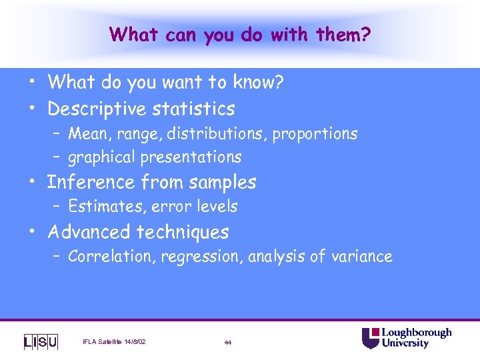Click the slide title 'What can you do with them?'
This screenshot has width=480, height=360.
[240, 33]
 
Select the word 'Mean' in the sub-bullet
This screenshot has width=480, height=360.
[87, 134]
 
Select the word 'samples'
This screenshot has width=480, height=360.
[223, 182]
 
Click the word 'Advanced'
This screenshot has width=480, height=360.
[89, 232]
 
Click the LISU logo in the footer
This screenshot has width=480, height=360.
[41, 342]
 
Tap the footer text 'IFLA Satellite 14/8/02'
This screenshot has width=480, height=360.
[114, 342]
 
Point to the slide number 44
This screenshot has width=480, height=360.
[228, 343]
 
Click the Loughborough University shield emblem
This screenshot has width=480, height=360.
[370, 338]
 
